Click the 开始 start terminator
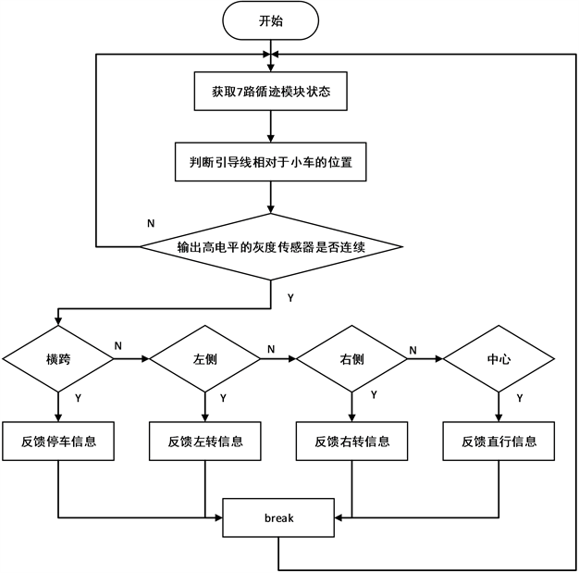[269, 19]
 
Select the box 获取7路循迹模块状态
[268, 92]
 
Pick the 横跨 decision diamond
[58, 357]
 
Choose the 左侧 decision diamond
[203, 357]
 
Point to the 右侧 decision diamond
[352, 357]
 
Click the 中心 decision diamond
[499, 357]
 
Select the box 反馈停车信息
[58, 442]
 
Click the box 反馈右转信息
[352, 442]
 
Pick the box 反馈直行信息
[499, 442]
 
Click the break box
[278, 518]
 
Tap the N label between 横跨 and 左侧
[118, 345]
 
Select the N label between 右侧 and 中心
[413, 349]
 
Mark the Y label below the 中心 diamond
[519, 398]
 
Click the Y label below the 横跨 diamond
[77, 398]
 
